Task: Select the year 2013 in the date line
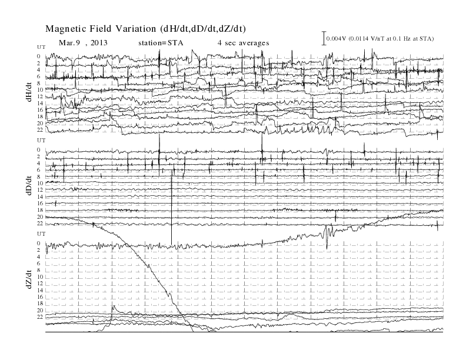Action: point(99,43)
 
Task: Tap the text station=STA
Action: point(161,43)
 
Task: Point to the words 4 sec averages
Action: point(243,43)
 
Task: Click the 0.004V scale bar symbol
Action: point(324,38)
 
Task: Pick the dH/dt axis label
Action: point(29,92)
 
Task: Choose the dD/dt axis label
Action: point(29,185)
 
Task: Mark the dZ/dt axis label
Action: point(29,279)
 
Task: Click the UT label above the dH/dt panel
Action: point(41,47)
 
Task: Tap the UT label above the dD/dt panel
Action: point(41,141)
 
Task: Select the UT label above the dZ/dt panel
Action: point(41,234)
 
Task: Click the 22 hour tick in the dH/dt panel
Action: point(40,130)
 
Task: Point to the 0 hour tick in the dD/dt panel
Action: point(39,149)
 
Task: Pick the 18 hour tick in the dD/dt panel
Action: point(40,210)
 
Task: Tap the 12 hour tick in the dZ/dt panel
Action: point(40,284)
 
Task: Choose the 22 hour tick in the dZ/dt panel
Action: point(40,317)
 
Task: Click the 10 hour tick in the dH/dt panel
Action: point(40,89)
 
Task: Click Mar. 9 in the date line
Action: point(70,43)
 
